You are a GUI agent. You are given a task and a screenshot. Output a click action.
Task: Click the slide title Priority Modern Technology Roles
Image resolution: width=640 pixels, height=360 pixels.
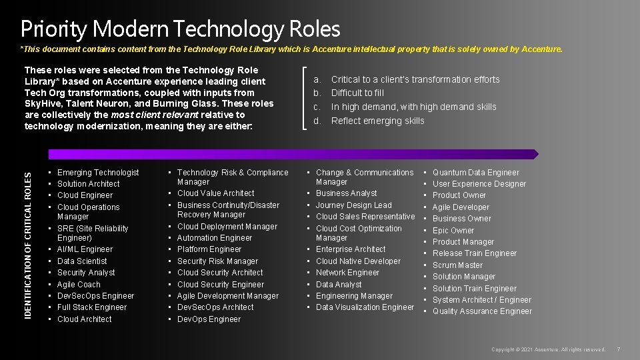(180, 29)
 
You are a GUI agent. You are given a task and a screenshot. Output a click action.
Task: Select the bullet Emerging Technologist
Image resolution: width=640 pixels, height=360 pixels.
(98, 173)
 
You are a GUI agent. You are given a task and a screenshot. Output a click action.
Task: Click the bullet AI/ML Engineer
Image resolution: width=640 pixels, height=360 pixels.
(85, 249)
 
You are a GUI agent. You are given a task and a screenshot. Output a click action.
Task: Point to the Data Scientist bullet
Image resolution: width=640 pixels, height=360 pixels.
(82, 261)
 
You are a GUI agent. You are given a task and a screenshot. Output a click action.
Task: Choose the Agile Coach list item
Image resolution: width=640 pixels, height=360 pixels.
(79, 284)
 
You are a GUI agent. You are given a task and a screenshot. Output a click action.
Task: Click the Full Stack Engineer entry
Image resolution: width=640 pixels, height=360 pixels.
(92, 307)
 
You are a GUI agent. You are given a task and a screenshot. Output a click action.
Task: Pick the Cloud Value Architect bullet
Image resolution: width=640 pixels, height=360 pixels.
(215, 193)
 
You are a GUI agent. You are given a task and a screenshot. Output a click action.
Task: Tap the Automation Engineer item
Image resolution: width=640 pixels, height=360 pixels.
(215, 238)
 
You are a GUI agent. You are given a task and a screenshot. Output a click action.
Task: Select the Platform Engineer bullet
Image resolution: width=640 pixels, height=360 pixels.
(209, 249)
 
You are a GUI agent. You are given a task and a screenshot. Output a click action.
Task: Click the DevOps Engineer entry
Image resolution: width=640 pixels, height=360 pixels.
(209, 319)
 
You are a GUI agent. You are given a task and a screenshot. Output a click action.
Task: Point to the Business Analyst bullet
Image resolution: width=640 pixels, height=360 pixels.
(346, 193)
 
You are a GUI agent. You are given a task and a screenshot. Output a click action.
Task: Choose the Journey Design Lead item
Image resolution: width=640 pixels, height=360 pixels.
(353, 205)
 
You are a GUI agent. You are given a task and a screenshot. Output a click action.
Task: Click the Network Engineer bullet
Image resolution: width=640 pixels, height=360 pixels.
(347, 273)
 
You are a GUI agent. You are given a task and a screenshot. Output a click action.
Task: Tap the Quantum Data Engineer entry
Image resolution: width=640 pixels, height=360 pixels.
(475, 173)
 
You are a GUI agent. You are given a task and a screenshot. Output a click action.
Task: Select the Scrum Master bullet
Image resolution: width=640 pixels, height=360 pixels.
(457, 265)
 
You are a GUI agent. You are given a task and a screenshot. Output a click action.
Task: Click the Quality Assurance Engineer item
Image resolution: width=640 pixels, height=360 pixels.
(482, 311)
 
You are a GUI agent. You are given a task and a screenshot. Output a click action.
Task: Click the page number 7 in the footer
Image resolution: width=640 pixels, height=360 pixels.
(619, 349)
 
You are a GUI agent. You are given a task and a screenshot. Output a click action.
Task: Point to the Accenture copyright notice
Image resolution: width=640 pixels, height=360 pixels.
(548, 349)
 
